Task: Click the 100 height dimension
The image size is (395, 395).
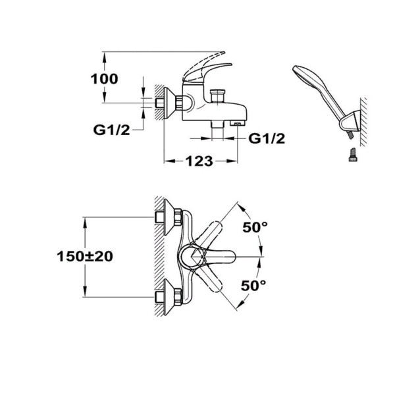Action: click(104, 79)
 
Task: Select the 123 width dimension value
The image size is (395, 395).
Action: click(199, 161)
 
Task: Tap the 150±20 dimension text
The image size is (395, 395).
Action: click(85, 257)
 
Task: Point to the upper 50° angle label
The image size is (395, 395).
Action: click(255, 228)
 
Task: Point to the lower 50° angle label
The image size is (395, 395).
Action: click(253, 286)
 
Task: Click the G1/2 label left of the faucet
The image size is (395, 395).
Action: click(112, 130)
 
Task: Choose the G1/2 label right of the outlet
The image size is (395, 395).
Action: click(267, 138)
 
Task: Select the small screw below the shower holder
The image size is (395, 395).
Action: click(353, 155)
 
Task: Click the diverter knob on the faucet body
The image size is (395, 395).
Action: click(217, 95)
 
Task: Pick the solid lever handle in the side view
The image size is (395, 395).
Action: click(207, 73)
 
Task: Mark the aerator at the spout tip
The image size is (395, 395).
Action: click(238, 123)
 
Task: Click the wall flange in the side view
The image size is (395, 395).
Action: click(169, 103)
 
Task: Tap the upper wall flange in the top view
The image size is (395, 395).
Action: click(169, 217)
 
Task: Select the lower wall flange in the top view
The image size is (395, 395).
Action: click(169, 297)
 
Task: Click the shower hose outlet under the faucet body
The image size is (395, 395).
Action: click(217, 124)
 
